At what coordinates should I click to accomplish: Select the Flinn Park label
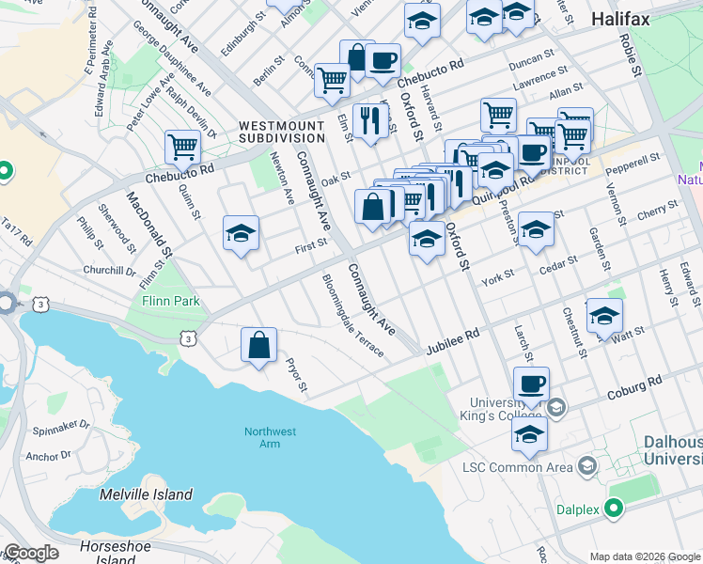[x=170, y=302]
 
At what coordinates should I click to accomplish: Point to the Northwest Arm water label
[x=270, y=438]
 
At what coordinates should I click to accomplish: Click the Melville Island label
[x=147, y=494]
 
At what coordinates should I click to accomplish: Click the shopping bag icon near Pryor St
[x=258, y=346]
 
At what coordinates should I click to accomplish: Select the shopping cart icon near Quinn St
[x=182, y=147]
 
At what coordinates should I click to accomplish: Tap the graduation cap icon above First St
[x=241, y=233]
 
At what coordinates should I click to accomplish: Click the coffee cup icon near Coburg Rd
[x=531, y=384]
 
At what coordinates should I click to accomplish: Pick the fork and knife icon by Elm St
[x=371, y=120]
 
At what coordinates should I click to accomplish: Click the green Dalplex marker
[x=614, y=509]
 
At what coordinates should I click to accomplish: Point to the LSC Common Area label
[x=519, y=467]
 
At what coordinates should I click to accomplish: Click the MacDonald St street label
[x=150, y=225]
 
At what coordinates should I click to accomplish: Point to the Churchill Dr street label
[x=109, y=271]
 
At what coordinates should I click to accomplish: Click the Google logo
[x=31, y=554]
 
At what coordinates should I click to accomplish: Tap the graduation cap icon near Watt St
[x=604, y=317]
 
